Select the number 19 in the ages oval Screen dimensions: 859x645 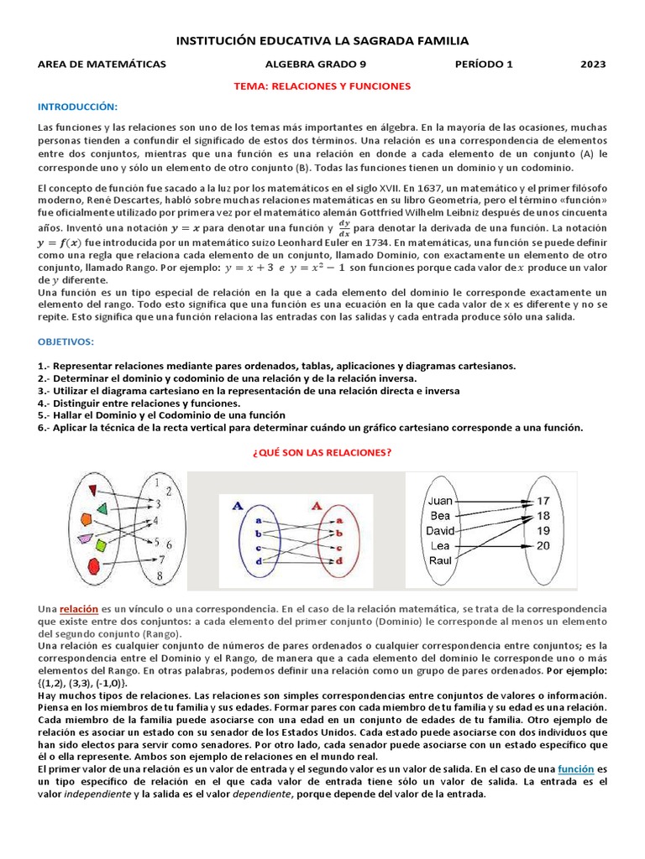tap(543, 530)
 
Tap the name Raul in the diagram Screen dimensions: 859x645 tap(440, 560)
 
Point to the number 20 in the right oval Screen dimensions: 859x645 tap(543, 545)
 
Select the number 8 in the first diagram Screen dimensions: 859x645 tap(160, 575)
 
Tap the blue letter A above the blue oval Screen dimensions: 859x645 tap(238, 506)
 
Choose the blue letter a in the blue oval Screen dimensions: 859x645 tap(254, 520)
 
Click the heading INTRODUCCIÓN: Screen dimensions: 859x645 tap(78, 107)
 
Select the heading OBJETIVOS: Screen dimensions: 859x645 tap(66, 343)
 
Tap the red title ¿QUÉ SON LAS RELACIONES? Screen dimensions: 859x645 tap(322, 451)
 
